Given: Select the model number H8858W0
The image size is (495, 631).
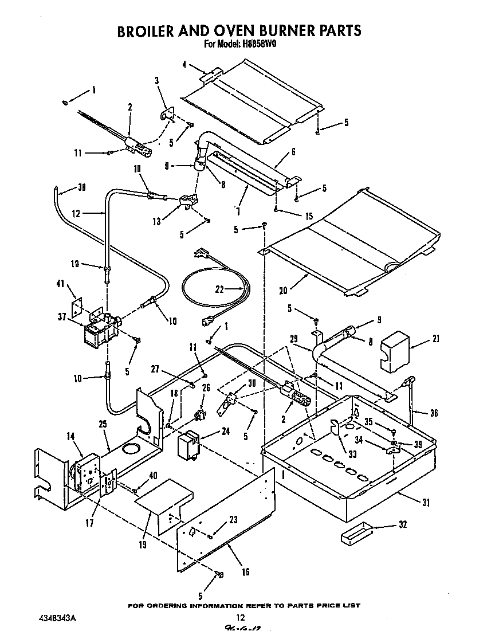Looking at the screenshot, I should click(x=257, y=44).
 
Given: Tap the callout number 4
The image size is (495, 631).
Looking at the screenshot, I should click(x=184, y=65).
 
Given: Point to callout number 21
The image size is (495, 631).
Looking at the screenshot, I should click(x=436, y=339).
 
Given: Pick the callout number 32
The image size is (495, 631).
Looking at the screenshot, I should click(x=403, y=525).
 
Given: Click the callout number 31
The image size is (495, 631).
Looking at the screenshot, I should click(x=425, y=503).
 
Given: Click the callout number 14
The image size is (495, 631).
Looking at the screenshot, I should click(x=71, y=436).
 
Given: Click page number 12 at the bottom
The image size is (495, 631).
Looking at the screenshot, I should click(x=241, y=618).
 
